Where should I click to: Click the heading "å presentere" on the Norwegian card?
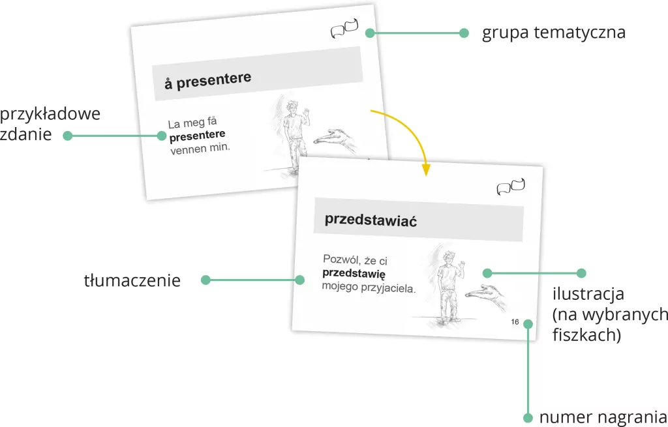tap(208, 80)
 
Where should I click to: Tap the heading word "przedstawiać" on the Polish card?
tap(371, 220)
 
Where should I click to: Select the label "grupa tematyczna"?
tap(553, 33)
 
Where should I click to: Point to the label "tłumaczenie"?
tap(132, 280)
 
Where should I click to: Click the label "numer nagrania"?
tap(603, 417)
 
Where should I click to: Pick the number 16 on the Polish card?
tap(515, 322)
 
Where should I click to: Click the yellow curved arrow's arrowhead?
tap(425, 170)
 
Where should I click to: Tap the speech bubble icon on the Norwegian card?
tap(344, 29)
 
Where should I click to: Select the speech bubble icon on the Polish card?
tap(511, 186)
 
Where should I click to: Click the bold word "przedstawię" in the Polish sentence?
tap(354, 273)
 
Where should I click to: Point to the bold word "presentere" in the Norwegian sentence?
tap(197, 136)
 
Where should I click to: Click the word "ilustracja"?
tap(588, 294)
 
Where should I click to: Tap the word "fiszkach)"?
tap(586, 335)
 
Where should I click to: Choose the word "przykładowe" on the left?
tap(50, 114)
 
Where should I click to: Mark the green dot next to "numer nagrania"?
tap(528, 417)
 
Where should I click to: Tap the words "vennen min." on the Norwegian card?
tap(200, 149)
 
